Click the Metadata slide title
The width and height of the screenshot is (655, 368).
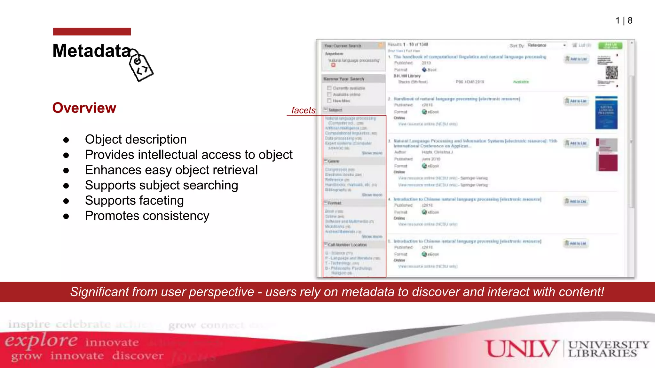click(92, 51)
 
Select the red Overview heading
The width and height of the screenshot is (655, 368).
click(84, 108)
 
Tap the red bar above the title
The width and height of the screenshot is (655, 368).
click(92, 32)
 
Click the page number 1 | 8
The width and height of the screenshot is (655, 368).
click(624, 21)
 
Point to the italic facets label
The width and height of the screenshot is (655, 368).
click(303, 111)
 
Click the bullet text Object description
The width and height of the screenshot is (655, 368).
click(136, 140)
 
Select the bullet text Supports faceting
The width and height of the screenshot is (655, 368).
click(134, 201)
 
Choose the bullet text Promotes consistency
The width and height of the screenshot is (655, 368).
click(147, 216)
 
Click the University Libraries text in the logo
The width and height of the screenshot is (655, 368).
click(608, 349)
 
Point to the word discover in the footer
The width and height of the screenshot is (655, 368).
click(138, 356)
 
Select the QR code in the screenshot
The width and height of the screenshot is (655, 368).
click(612, 73)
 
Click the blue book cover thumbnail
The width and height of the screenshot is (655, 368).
click(606, 113)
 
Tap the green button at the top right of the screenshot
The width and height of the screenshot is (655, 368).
click(610, 46)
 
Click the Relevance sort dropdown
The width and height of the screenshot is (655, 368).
click(547, 45)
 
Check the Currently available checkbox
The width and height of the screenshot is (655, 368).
click(329, 88)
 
